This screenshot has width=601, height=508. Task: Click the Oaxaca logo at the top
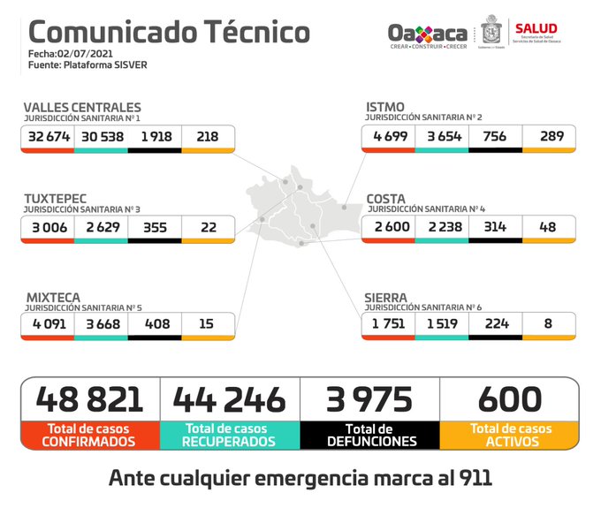(428, 34)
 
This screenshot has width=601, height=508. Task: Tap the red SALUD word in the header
(536, 29)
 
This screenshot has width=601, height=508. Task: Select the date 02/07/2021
(85, 55)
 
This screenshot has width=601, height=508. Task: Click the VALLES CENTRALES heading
(82, 108)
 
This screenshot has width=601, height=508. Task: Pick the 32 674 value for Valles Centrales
(49, 137)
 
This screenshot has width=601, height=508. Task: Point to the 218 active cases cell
(209, 137)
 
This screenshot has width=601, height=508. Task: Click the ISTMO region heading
(385, 108)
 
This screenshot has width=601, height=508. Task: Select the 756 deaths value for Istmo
(495, 137)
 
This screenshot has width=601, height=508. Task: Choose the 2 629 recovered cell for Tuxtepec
(102, 227)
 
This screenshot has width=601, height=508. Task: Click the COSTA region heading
(386, 199)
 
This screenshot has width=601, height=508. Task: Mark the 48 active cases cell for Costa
(549, 227)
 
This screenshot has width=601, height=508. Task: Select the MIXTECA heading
(53, 298)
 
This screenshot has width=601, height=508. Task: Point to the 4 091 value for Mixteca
(49, 325)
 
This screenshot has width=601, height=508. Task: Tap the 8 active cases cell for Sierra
(549, 325)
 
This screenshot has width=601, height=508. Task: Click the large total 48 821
(89, 398)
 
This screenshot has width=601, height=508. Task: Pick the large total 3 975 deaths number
(370, 398)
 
